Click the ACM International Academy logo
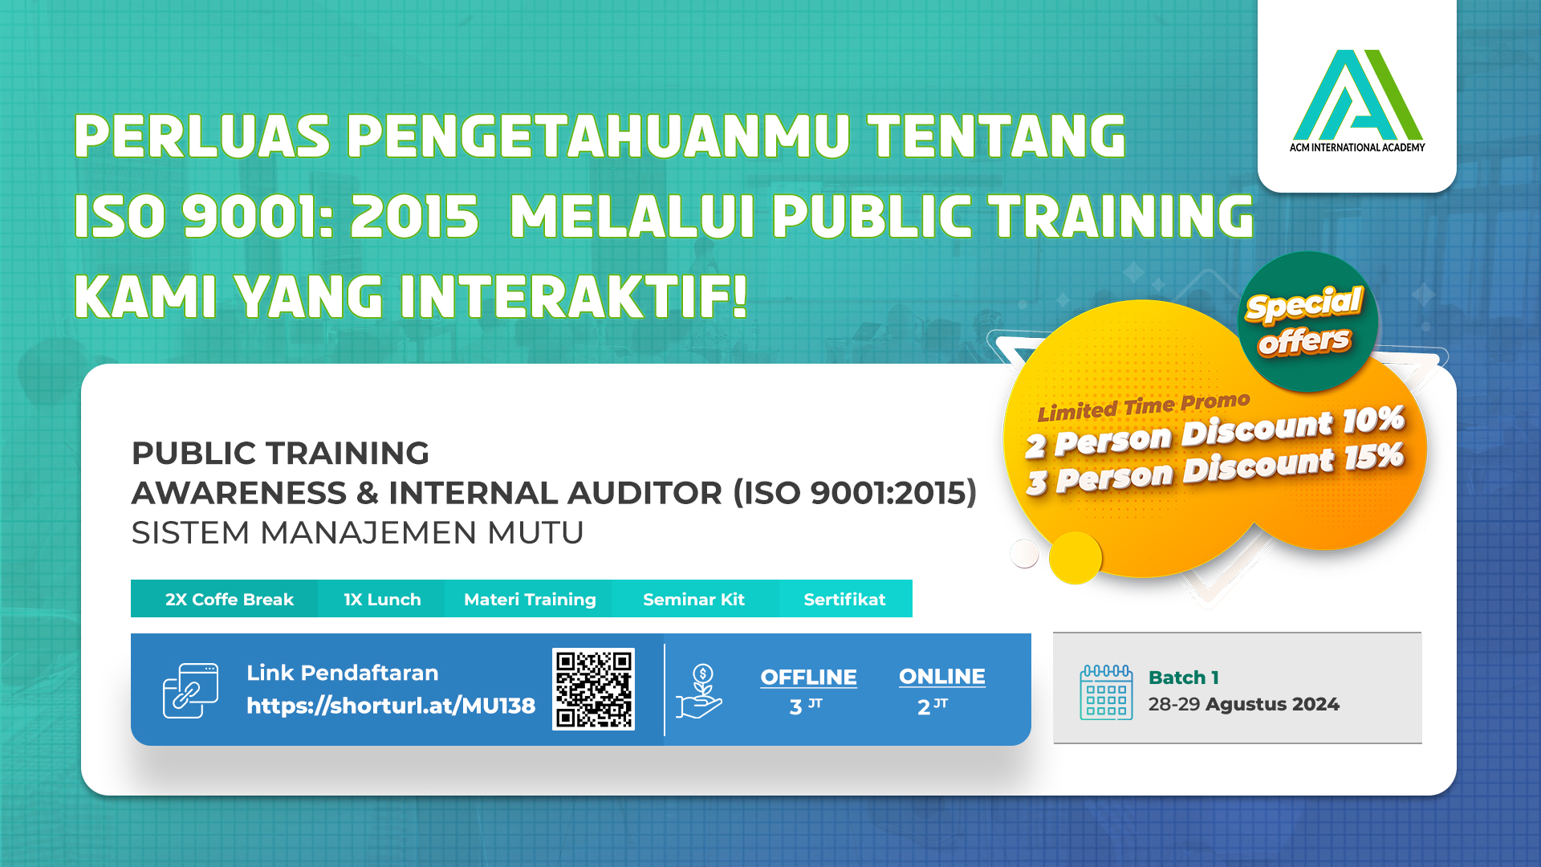click(x=1357, y=101)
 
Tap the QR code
click(x=593, y=689)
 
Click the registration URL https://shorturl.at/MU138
click(x=391, y=706)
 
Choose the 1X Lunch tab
click(x=382, y=599)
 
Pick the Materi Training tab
click(x=529, y=599)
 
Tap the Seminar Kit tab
click(x=695, y=599)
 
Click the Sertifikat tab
click(x=845, y=599)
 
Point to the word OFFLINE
click(x=808, y=678)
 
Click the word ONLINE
click(x=942, y=677)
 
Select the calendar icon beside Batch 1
click(x=1106, y=692)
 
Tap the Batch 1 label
click(x=1184, y=678)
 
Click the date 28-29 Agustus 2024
click(x=1243, y=704)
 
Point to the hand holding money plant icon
click(x=699, y=691)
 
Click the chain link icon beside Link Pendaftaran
click(x=190, y=690)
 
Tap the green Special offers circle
click(x=1307, y=322)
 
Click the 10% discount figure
click(x=1373, y=420)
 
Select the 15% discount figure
click(x=1374, y=457)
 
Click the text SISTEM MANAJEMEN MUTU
click(x=357, y=533)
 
